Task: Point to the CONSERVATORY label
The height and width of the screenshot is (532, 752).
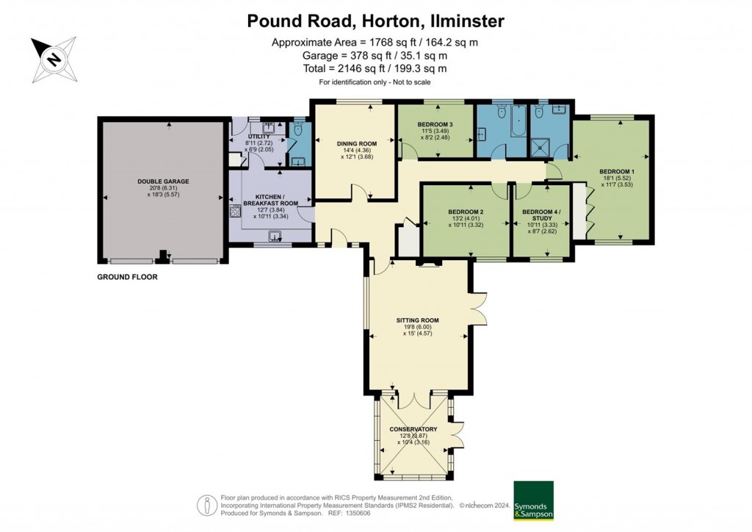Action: [416, 429]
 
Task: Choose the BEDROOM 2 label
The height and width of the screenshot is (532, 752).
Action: [466, 212]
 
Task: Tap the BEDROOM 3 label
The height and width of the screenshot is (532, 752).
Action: [435, 124]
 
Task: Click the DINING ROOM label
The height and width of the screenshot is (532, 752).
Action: [357, 143]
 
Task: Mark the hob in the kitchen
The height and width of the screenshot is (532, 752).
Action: [236, 212]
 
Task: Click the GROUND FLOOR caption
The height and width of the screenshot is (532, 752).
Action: [128, 277]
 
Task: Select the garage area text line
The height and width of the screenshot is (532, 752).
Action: [375, 55]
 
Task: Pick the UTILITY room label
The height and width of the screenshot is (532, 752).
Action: [258, 137]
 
